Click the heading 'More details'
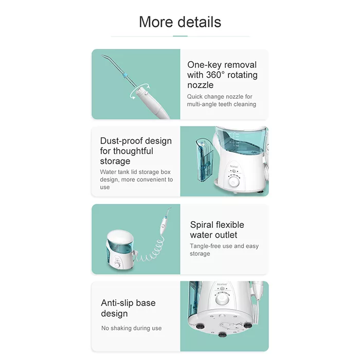[180, 22]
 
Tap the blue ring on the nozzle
[125, 75]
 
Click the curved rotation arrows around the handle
[140, 92]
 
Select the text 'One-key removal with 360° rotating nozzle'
[222, 75]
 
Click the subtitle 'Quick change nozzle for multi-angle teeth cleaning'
[221, 100]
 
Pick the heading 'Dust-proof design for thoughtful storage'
[136, 151]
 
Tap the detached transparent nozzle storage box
[204, 160]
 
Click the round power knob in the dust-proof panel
[233, 182]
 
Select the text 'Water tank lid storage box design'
[135, 176]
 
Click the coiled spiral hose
[150, 251]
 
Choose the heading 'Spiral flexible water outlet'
[217, 230]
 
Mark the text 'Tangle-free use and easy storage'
[224, 250]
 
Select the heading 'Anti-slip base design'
[128, 308]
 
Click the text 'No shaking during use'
[131, 328]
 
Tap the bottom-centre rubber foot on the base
[222, 335]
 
